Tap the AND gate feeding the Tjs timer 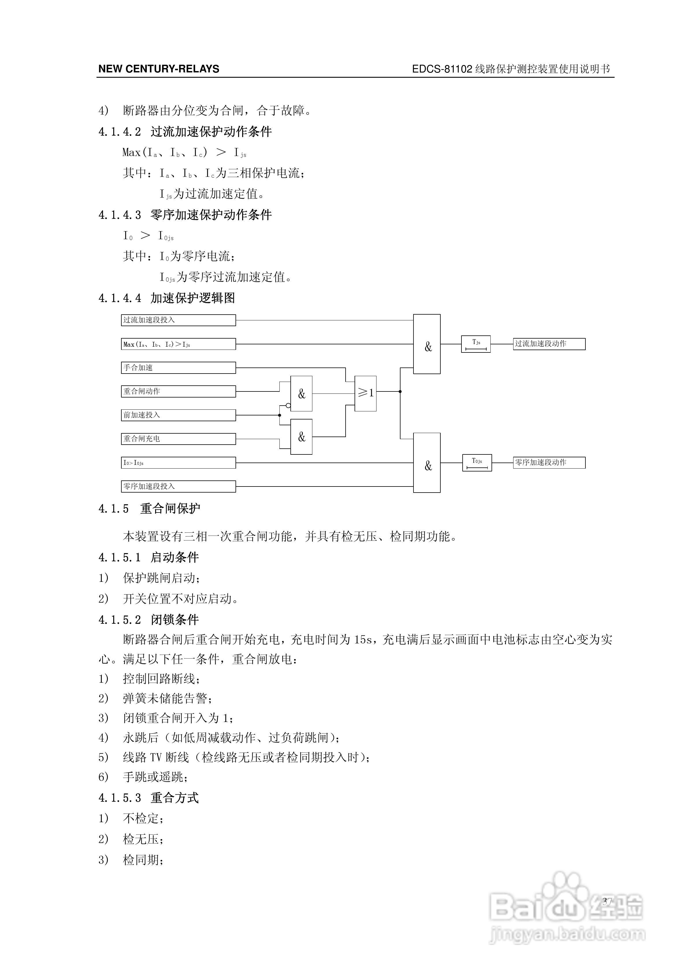426,344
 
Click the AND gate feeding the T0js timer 426,463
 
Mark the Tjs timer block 476,344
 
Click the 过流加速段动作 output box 549,344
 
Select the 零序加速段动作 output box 549,462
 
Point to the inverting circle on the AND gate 288,406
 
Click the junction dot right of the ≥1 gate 400,391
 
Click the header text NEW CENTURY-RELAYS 159,69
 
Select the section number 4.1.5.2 120,620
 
